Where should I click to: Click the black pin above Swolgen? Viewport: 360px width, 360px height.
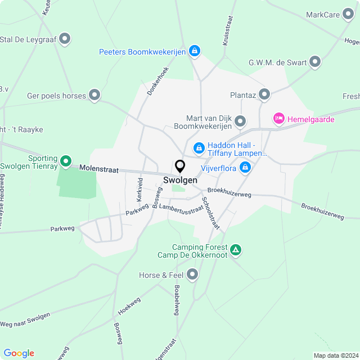coord(180,166)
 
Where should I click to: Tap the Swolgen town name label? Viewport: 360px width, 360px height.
coord(180,180)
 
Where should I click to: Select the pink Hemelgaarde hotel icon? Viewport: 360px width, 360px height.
coord(278,119)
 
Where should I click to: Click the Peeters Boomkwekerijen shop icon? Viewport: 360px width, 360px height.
coord(194,52)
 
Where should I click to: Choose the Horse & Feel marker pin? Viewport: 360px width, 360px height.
coord(193,275)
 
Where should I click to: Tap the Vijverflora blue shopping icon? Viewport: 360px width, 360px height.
coord(245,167)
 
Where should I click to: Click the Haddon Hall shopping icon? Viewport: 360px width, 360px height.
coord(199,148)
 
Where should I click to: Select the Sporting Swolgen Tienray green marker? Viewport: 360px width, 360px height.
coord(66,162)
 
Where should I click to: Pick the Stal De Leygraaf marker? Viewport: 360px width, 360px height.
coord(65,39)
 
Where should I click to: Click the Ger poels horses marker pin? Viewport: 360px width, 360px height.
coord(94,96)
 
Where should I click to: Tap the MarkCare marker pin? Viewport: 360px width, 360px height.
coord(348,15)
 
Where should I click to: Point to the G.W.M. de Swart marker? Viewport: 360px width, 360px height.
coord(315,62)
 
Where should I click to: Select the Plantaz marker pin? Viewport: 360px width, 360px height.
coord(264,95)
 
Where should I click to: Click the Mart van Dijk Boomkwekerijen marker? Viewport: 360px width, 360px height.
coord(241,121)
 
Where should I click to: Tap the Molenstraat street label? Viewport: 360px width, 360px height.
coord(99,169)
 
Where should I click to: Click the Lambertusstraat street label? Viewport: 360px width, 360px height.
coord(181,208)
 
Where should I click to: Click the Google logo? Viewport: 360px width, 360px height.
coord(19,353)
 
